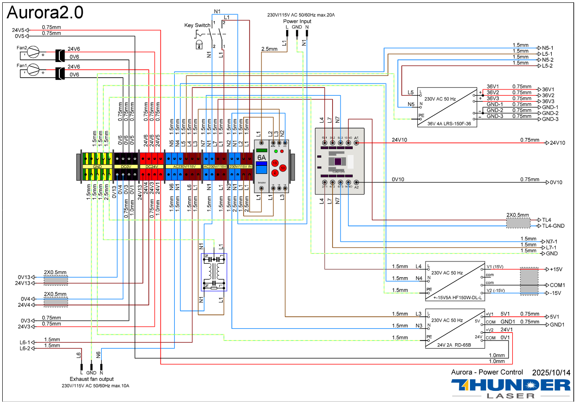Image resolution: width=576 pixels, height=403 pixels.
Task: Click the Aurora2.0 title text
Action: (x=45, y=13)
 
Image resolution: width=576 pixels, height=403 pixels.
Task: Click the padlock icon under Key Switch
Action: (x=199, y=44)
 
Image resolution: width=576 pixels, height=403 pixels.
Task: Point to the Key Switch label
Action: (x=197, y=25)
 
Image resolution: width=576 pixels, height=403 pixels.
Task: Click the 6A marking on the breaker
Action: (x=261, y=158)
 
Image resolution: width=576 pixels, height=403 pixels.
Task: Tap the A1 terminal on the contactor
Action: (x=356, y=142)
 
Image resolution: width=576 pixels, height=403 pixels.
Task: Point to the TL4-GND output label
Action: (x=553, y=226)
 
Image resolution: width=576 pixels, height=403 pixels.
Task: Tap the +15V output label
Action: (x=557, y=270)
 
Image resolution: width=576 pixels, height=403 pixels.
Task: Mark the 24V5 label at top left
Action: (x=18, y=31)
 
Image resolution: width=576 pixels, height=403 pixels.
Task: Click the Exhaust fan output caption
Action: (x=92, y=379)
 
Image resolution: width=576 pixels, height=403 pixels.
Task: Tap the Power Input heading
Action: (x=297, y=21)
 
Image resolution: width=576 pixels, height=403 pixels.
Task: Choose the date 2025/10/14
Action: (x=551, y=372)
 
